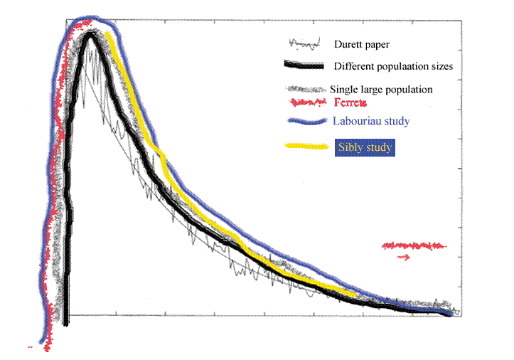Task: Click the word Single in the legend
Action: tap(343, 90)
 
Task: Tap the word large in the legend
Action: tap(372, 90)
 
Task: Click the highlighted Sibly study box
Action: tap(364, 148)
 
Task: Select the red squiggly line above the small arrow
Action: tap(414, 245)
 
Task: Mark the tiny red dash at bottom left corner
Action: tap(30, 347)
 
